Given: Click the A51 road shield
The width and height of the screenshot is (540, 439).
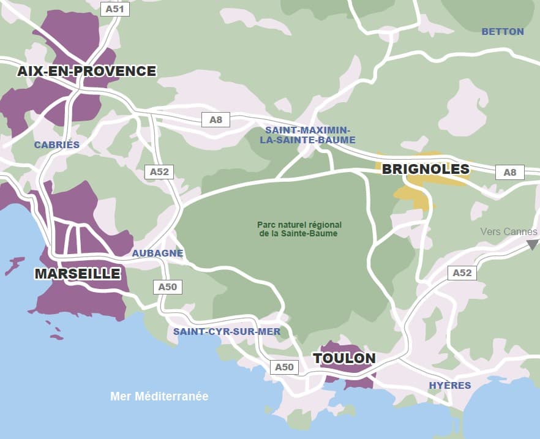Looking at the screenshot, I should (114, 9).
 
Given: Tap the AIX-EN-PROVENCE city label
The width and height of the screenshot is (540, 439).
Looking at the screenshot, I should (87, 71).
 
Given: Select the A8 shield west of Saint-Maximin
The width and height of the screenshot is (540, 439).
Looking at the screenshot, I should (216, 120).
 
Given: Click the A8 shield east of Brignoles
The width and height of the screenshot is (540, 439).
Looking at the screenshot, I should (509, 173).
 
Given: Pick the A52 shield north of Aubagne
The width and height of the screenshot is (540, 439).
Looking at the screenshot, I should (159, 172).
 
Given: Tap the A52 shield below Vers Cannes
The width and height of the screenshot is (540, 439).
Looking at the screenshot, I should (462, 272).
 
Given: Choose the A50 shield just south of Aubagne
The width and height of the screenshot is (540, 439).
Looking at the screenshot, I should (167, 287).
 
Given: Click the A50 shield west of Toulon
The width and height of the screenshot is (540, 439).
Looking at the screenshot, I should (284, 367).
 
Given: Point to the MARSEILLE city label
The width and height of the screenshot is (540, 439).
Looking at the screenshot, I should (77, 274).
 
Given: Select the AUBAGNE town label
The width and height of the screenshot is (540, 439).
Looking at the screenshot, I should (158, 253).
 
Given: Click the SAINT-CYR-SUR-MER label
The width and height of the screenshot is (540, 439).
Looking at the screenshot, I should (227, 332).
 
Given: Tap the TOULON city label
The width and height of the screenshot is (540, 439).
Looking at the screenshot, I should (344, 359).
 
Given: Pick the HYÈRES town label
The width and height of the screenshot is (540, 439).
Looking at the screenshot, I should (450, 385).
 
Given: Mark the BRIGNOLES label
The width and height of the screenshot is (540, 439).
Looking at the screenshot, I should (426, 169).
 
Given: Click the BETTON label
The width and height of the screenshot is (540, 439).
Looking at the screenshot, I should (503, 31).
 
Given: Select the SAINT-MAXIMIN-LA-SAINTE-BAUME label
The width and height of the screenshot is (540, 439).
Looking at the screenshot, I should (310, 135).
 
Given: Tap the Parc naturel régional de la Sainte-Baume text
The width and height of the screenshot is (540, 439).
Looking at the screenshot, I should (299, 229).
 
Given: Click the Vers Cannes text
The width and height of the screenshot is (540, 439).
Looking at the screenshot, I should (509, 231).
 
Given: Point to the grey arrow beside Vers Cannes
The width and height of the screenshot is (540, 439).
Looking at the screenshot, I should (533, 244).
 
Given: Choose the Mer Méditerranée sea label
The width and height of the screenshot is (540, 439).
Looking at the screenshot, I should (159, 396).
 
